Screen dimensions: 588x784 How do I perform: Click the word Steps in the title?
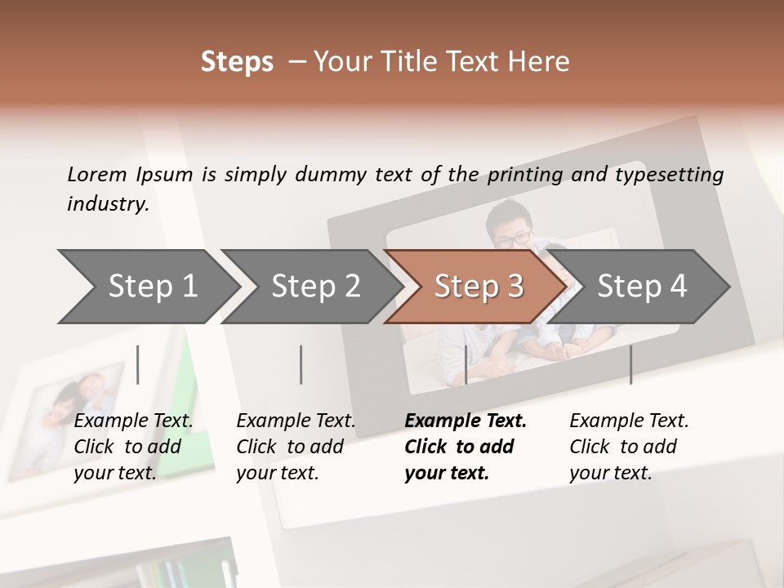[x=237, y=62]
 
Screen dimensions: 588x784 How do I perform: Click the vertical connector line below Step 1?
[x=138, y=364]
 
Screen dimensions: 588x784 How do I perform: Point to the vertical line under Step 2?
[x=301, y=364]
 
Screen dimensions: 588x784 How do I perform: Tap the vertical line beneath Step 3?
[x=465, y=364]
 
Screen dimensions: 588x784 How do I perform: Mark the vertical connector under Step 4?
[x=630, y=364]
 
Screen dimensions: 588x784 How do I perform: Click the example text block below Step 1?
[x=133, y=447]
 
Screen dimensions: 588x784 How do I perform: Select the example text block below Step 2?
[x=296, y=447]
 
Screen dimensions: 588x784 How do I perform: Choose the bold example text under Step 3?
[x=465, y=447]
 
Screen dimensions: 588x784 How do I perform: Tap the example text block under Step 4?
[x=629, y=447]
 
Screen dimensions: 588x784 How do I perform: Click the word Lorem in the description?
[x=97, y=174]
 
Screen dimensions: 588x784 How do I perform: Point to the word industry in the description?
[x=108, y=204]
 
